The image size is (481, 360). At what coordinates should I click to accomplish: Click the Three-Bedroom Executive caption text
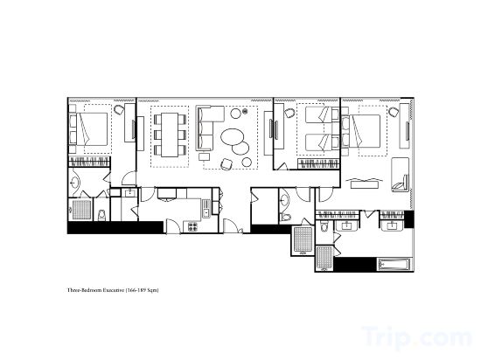[113, 290]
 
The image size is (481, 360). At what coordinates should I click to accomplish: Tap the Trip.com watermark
[417, 337]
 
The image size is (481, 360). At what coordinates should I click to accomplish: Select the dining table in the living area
[170, 135]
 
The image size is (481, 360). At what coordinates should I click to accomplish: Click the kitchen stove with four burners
[193, 226]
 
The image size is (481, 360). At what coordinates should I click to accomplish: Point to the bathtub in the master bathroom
[394, 265]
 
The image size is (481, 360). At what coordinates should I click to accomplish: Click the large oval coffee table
[233, 136]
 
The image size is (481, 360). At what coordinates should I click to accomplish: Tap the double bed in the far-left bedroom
[92, 129]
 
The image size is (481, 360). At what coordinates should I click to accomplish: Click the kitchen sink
[206, 208]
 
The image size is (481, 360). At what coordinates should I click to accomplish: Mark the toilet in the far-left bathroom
[101, 215]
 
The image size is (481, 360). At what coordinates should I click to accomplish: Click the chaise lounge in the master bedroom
[401, 175]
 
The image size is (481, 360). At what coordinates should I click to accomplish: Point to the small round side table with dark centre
[245, 112]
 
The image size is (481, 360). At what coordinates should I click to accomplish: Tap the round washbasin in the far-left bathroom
[74, 183]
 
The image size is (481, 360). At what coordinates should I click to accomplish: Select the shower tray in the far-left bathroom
[82, 210]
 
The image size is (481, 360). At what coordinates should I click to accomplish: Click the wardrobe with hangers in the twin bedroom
[319, 164]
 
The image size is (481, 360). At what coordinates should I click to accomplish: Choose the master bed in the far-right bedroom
[366, 130]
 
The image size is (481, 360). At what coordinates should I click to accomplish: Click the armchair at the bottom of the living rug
[227, 164]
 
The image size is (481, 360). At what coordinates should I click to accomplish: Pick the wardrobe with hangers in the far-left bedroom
[89, 162]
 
